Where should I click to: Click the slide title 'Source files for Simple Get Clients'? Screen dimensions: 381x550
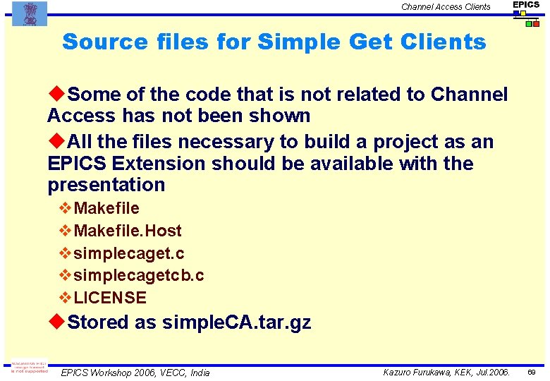pos(274,42)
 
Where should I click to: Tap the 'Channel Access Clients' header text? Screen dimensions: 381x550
pos(446,7)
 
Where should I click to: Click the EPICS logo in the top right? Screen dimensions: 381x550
pos(526,13)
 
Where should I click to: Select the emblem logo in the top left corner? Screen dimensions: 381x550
pos(30,13)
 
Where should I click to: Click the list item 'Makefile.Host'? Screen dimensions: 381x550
pos(128,231)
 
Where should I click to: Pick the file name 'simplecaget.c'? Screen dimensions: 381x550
pos(129,253)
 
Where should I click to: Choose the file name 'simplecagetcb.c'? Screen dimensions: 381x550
pos(139,275)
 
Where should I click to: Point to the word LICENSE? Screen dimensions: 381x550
pos(110,298)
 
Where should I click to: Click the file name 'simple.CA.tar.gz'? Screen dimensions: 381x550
pos(236,323)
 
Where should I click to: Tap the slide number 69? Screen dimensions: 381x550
pos(534,372)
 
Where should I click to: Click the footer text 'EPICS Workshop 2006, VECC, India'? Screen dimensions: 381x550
pos(135,373)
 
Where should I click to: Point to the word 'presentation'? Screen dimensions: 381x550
pos(106,185)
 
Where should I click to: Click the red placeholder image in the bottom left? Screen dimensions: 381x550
pos(28,368)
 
